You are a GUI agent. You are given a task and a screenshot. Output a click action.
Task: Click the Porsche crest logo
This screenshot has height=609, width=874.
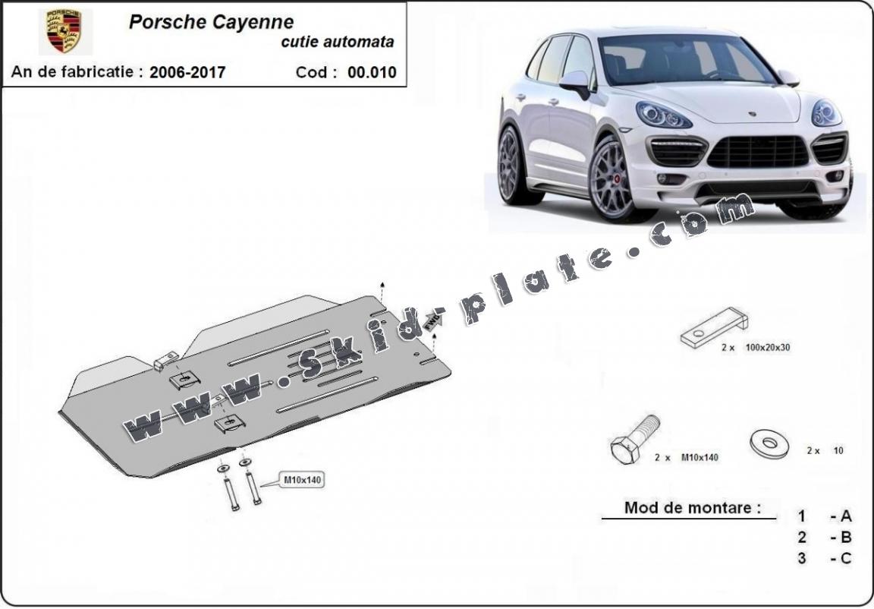tap(64, 31)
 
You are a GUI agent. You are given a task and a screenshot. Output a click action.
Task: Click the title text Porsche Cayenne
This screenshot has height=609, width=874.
tap(211, 21)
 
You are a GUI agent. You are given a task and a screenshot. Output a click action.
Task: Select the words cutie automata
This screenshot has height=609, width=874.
tap(337, 43)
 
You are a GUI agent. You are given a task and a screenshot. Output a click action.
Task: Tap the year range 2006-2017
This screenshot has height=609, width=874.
tap(187, 73)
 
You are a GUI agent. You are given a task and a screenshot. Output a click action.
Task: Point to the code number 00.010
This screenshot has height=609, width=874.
tap(372, 73)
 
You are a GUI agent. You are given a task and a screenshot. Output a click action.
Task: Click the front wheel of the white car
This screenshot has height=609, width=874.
tap(612, 179)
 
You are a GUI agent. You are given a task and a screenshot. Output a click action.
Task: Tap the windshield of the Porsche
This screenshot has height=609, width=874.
tap(683, 59)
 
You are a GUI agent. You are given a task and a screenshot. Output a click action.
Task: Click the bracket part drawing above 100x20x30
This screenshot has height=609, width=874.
tap(713, 327)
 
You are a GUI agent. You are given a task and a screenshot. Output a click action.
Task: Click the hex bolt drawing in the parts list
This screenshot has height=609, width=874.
tap(633, 440)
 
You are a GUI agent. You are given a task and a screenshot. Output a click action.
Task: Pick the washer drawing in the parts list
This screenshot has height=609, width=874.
tap(769, 442)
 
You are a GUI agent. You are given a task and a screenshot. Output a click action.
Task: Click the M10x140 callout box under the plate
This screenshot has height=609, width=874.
tap(303, 480)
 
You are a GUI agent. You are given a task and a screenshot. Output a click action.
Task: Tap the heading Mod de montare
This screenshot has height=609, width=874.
tap(692, 507)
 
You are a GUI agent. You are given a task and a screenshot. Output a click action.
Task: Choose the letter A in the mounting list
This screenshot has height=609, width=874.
tap(846, 516)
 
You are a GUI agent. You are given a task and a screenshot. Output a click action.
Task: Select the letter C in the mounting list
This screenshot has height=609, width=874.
tap(846, 559)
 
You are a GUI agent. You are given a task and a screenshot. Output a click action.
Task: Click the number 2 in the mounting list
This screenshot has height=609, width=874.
tap(802, 538)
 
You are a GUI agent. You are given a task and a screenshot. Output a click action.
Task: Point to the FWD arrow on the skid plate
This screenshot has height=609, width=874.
tap(432, 322)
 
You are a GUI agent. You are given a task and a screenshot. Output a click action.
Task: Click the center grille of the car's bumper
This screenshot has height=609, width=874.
tap(757, 152)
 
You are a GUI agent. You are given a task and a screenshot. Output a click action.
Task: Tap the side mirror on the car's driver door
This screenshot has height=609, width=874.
tap(577, 81)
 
